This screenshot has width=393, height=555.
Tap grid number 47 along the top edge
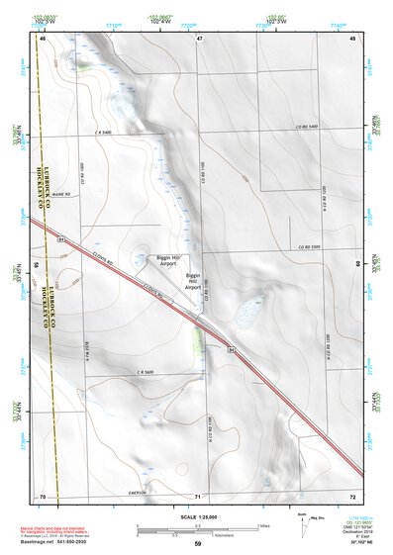(x=199, y=38)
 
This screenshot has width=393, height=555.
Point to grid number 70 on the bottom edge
(x=43, y=496)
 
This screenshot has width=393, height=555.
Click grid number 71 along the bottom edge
(x=198, y=496)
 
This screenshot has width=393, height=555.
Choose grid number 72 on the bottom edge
(x=352, y=496)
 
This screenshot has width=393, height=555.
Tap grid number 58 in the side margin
(x=37, y=266)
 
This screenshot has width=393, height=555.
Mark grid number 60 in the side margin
(x=357, y=266)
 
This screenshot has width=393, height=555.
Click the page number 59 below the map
(x=198, y=543)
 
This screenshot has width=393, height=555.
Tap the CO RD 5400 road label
(x=306, y=128)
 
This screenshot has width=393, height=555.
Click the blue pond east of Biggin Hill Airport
(x=243, y=316)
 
